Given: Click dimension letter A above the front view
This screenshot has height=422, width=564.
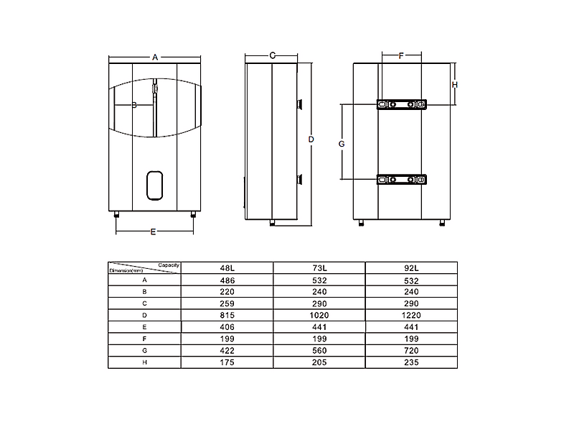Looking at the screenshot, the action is pyautogui.click(x=155, y=58).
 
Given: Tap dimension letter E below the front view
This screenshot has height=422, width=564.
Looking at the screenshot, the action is pyautogui.click(x=154, y=231).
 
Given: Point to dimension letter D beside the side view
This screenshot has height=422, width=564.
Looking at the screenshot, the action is pyautogui.click(x=311, y=139).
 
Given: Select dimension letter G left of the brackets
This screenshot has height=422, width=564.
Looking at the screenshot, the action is pyautogui.click(x=342, y=144).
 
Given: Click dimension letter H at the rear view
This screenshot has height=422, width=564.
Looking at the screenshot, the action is pyautogui.click(x=455, y=85).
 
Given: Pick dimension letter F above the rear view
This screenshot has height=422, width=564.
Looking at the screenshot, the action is pyautogui.click(x=401, y=55).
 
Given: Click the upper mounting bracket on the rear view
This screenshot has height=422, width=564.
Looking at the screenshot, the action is pyautogui.click(x=401, y=104).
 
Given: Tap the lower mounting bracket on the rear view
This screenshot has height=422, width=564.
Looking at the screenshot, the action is pyautogui.click(x=401, y=180).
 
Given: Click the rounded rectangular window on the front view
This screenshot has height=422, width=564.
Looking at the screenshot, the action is pyautogui.click(x=155, y=185).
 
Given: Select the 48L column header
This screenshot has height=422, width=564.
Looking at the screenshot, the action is pyautogui.click(x=227, y=268).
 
